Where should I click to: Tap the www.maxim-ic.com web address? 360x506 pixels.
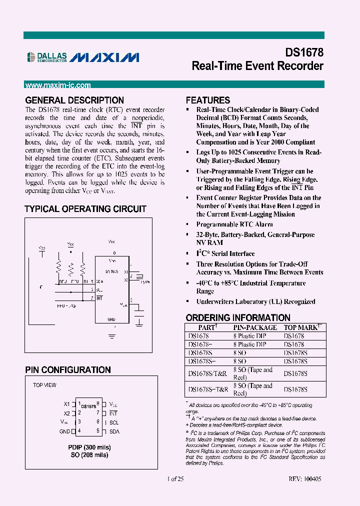(58, 85)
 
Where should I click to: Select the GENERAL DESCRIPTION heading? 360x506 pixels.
(74, 100)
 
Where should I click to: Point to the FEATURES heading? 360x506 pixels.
(208, 100)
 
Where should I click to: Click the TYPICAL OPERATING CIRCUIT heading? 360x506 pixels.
(85, 209)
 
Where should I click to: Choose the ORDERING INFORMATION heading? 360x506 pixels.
(238, 317)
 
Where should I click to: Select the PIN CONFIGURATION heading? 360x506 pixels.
(68, 370)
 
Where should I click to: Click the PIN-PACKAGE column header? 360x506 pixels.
(255, 327)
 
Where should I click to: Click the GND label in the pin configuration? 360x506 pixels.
(64, 430)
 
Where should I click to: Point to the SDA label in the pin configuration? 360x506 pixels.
(114, 430)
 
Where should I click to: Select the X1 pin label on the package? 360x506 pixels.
(67, 404)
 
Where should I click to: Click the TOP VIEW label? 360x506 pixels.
(44, 385)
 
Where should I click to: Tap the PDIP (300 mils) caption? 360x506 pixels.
(89, 447)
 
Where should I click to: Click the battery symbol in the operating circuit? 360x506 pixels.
(139, 313)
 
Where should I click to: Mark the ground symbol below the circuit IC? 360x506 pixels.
(112, 326)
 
